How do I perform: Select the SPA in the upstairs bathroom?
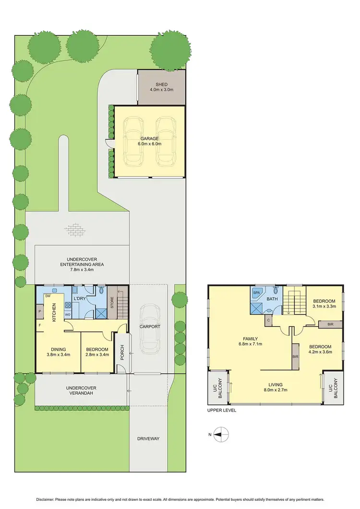tap(257, 292)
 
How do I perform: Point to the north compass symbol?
tap(218, 434)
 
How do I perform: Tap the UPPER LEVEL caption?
tap(221, 410)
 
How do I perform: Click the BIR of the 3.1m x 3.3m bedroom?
tap(330, 324)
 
